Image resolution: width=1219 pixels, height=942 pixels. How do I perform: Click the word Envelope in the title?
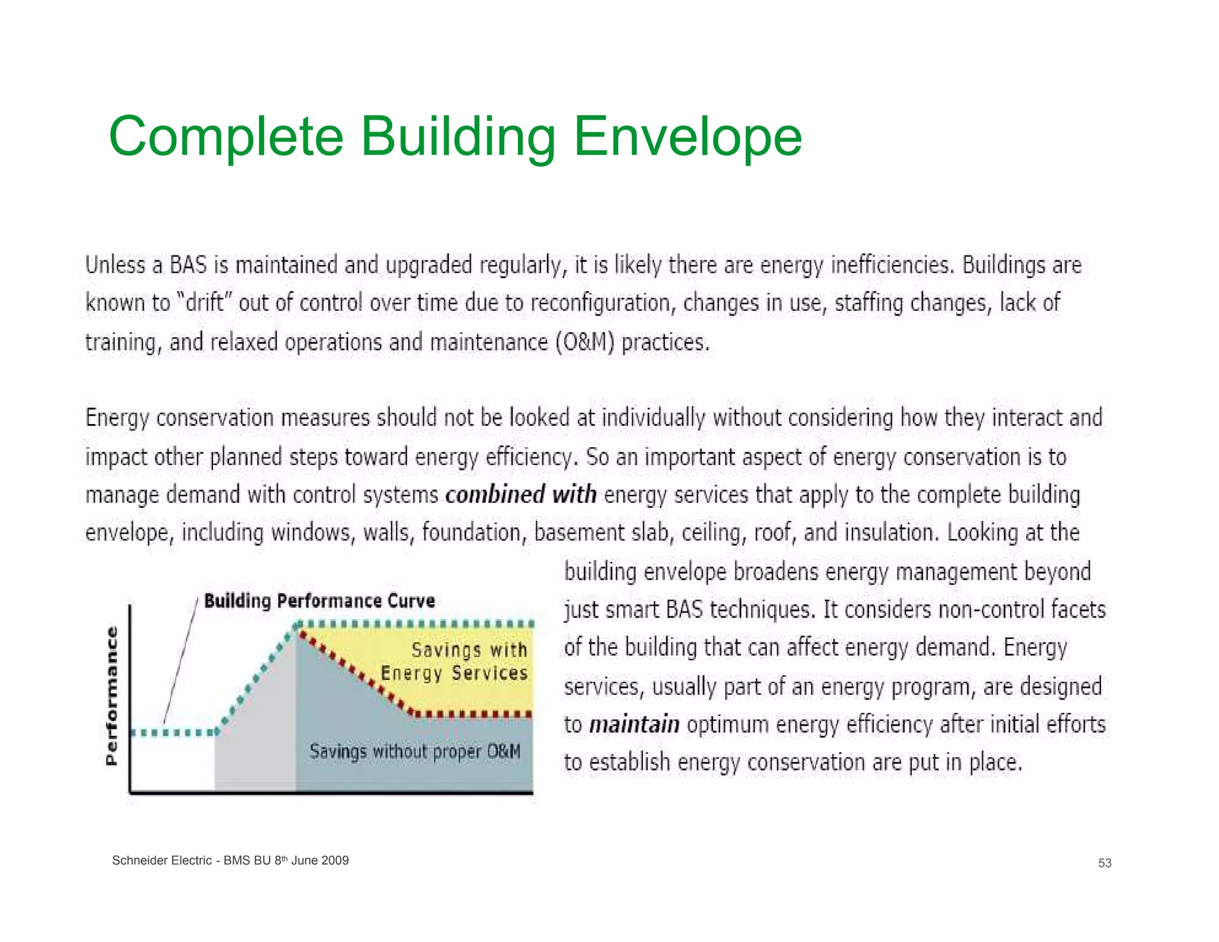point(687,137)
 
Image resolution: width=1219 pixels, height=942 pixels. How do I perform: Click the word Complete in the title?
point(226,137)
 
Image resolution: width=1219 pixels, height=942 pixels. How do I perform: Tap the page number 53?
point(1104,863)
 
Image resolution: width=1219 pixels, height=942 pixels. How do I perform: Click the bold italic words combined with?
point(521,495)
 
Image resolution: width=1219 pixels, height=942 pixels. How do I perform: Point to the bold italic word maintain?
point(634,725)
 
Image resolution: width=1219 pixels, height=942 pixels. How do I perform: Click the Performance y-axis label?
point(111,695)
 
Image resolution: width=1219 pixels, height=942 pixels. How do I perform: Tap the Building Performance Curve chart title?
point(319,601)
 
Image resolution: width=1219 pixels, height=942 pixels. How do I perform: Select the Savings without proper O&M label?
point(415,751)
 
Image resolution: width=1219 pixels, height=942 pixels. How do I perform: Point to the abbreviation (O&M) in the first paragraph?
point(584,342)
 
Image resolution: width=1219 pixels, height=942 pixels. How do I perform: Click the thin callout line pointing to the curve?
point(180,661)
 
